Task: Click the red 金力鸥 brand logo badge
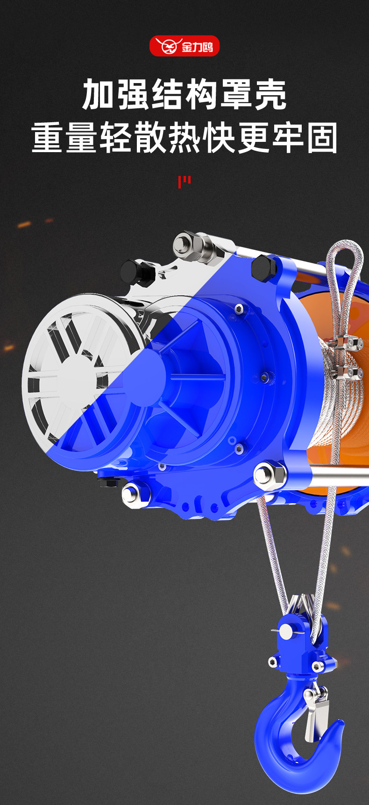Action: pos(184,46)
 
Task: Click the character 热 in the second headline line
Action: pos(184,138)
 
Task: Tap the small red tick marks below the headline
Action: pos(184,182)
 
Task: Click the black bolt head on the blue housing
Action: pos(263,268)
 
